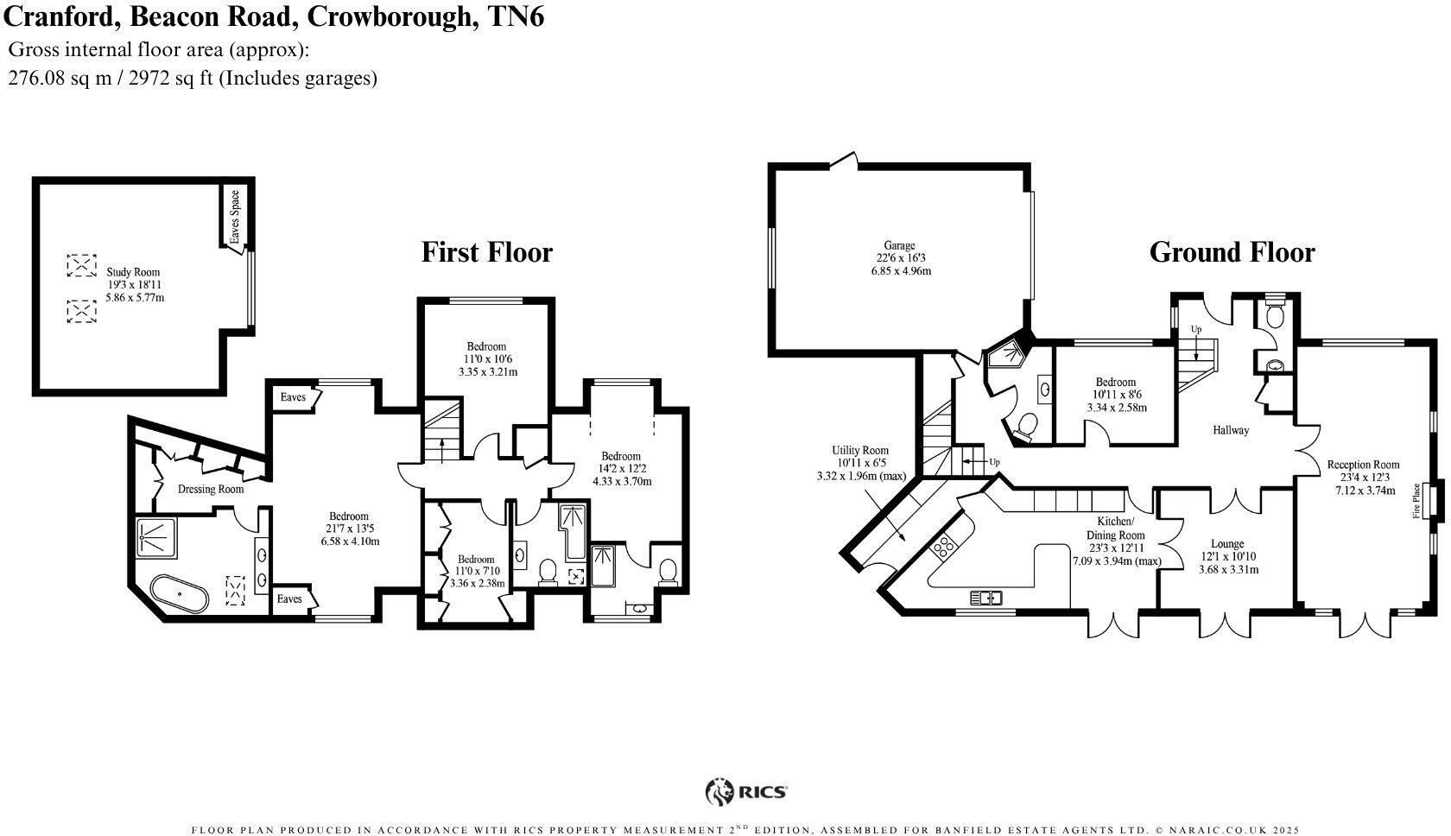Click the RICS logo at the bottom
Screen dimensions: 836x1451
[x=746, y=791]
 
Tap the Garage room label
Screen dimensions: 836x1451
[x=899, y=245]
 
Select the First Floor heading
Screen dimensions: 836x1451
[x=486, y=252]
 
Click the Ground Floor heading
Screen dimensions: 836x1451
[x=1231, y=252]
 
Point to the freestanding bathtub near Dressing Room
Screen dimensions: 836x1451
[x=179, y=594]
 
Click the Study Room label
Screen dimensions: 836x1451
[x=133, y=272]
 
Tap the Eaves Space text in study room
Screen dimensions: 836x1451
[x=235, y=216]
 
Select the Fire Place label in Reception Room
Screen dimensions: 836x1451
[x=1416, y=500]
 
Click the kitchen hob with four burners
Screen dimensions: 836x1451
[x=943, y=546]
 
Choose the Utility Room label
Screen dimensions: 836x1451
[x=860, y=450]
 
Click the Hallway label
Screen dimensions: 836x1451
[x=1230, y=429]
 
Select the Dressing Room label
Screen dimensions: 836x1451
[x=211, y=489]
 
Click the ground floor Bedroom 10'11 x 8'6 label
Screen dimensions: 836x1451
[x=1115, y=382]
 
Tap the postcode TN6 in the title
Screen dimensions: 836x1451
[x=516, y=16]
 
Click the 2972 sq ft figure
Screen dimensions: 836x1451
[x=170, y=78]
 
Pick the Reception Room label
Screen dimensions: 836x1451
[x=1363, y=465]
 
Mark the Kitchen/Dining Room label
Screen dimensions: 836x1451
[x=1115, y=528]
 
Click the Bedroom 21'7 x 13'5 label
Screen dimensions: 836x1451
[x=349, y=516]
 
